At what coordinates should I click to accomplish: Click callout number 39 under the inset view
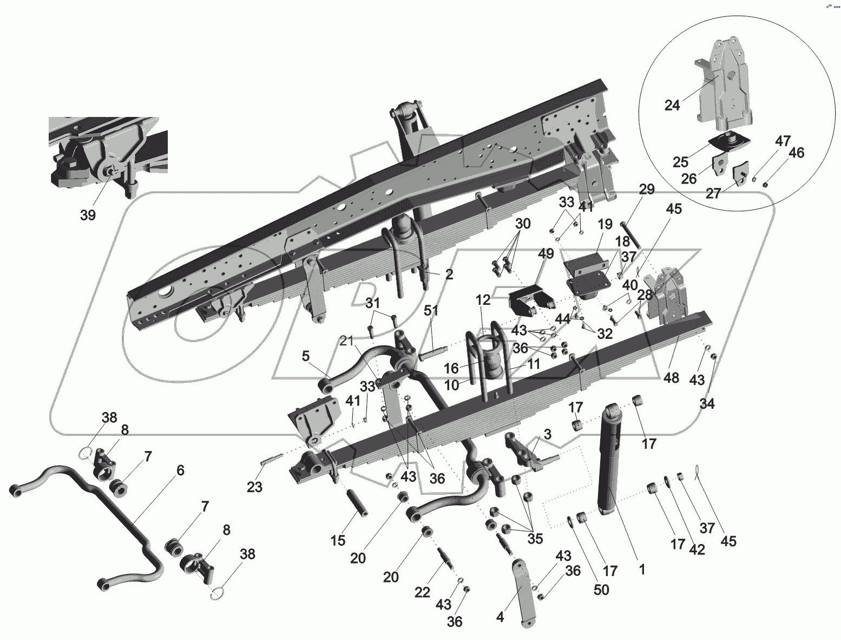tap(88, 215)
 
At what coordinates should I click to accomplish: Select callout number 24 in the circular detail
tap(672, 105)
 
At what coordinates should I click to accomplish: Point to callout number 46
tap(796, 153)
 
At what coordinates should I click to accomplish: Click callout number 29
tap(646, 190)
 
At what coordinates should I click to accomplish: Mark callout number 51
tap(431, 311)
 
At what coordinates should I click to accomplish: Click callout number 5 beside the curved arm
tap(306, 356)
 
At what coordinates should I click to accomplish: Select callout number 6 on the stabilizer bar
tap(180, 470)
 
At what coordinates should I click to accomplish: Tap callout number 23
tap(254, 487)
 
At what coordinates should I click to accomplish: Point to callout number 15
tap(338, 540)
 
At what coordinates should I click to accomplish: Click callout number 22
tap(423, 592)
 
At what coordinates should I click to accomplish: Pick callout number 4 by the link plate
tap(500, 616)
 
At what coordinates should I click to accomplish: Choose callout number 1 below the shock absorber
tap(642, 569)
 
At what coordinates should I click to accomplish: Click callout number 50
tap(601, 589)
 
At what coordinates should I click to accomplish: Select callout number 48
tap(671, 377)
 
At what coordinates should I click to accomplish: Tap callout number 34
tap(707, 403)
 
